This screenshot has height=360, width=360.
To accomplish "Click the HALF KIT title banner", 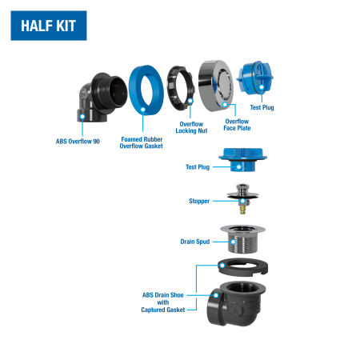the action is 49,26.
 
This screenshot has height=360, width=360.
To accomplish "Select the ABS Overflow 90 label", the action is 78,142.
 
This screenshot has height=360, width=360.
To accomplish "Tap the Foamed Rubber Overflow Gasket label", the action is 142,142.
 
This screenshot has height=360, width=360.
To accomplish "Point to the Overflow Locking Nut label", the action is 191,127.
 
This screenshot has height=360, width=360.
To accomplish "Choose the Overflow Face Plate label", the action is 237,125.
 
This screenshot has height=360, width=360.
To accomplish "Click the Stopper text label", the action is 199,201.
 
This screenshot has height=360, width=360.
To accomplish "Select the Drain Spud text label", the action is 195,242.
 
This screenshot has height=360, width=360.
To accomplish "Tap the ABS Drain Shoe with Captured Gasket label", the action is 163,302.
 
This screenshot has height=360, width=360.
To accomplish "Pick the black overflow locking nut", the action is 170,88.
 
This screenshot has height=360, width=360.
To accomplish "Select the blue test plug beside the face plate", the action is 254,78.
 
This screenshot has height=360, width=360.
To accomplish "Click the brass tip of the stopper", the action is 242,210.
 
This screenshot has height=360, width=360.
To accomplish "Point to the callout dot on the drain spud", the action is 234,242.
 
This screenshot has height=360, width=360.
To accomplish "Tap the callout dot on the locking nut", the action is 190,101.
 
